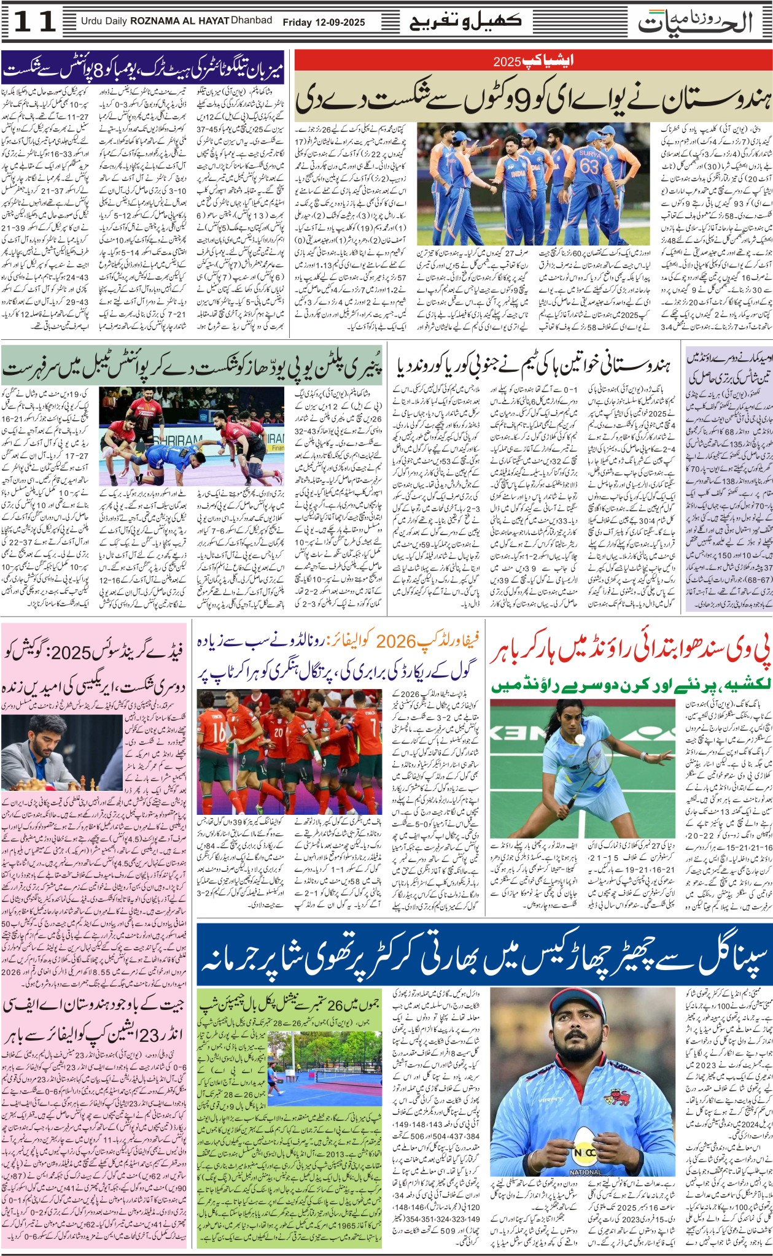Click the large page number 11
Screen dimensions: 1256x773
click(x=34, y=22)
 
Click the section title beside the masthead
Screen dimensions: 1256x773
click(x=465, y=22)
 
